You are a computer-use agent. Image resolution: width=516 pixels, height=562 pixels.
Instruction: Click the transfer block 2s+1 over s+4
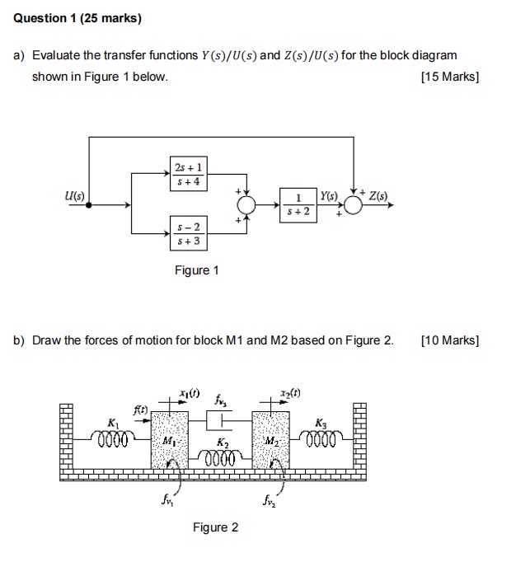click(189, 174)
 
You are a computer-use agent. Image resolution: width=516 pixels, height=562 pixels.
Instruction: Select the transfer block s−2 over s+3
click(189, 233)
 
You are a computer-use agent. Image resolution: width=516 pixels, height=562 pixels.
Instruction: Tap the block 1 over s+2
click(298, 204)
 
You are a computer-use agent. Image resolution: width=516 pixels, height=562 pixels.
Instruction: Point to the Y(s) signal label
click(330, 196)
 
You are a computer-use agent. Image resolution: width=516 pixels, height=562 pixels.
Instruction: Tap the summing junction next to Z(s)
click(353, 205)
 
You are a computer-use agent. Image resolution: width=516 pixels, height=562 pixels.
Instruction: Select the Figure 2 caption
click(215, 527)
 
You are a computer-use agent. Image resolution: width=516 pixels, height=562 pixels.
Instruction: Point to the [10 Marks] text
click(449, 340)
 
